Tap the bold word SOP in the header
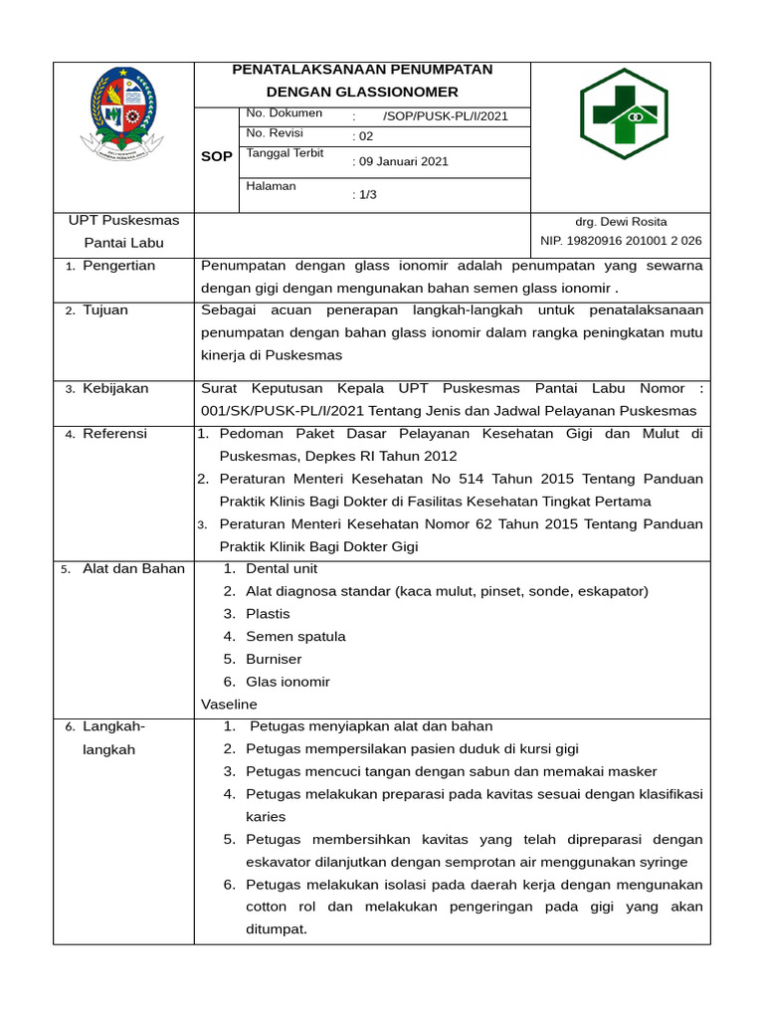coord(217,157)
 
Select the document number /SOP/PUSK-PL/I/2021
coord(445,115)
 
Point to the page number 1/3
coord(364,195)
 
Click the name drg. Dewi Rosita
coord(621,221)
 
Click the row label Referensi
coord(114,433)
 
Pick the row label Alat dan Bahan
coord(133,568)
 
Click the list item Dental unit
coord(282,568)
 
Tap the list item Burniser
coord(274,659)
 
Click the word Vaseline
coord(229,704)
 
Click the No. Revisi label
coord(275,133)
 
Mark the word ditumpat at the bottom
coord(277,929)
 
